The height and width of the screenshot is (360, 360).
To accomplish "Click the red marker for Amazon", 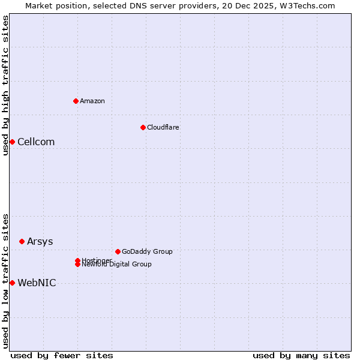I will click(x=76, y=101).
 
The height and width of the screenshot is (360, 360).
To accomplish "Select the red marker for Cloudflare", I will click(x=143, y=127).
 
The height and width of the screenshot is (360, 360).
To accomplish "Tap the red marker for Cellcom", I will click(x=12, y=142).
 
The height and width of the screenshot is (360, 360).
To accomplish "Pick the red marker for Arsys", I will click(x=22, y=241).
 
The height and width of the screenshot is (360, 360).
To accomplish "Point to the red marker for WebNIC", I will click(x=12, y=283).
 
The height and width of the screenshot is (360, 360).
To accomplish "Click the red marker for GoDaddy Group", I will click(x=118, y=251).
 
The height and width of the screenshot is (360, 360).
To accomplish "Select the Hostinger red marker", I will click(x=77, y=260).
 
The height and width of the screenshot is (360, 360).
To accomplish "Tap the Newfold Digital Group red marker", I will click(x=77, y=265).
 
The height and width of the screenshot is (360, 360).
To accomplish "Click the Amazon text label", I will click(x=92, y=101).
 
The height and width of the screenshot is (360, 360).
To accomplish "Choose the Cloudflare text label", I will click(x=163, y=127).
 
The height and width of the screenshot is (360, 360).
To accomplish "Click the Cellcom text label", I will click(x=36, y=142).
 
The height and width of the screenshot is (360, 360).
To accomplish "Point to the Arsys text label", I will click(x=40, y=241).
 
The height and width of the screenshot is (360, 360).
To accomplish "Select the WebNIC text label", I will click(x=37, y=283).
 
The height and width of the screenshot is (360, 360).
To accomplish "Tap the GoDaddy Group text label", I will click(x=147, y=251).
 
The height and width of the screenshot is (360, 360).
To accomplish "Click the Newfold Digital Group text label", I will click(x=117, y=265).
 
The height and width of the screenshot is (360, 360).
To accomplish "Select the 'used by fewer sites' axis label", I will click(x=62, y=355).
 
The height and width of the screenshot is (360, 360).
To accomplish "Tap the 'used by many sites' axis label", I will click(x=301, y=355).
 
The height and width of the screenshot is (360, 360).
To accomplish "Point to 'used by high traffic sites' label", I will click(x=5, y=85).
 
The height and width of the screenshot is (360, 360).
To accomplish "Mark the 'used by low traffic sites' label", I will click(x=5, y=280).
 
